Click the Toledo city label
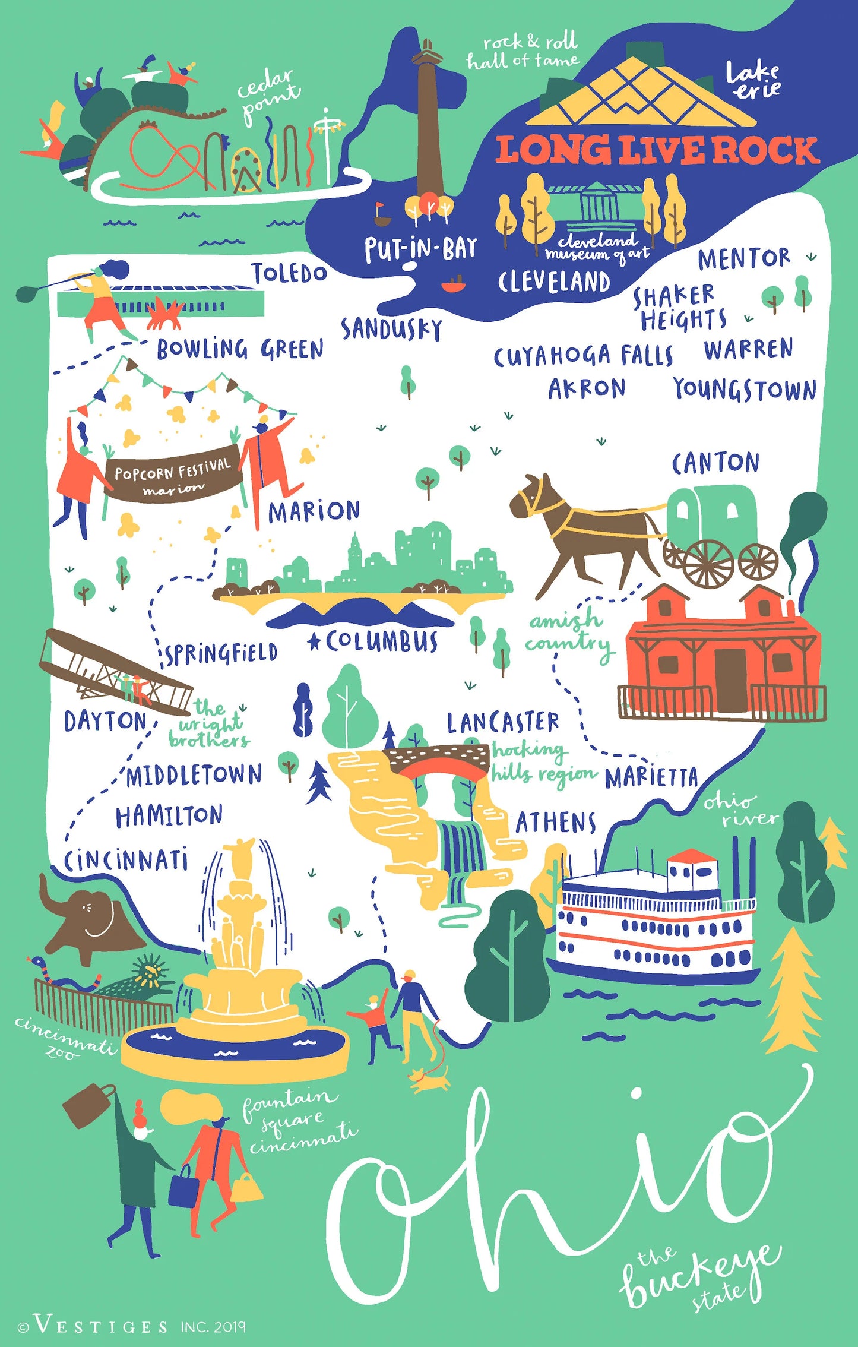[289, 273]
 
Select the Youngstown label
[745, 390]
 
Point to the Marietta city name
[651, 777]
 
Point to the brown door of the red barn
[730, 679]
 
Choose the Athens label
[555, 823]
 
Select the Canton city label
[715, 463]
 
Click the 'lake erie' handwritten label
[753, 80]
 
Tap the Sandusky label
[391, 329]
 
